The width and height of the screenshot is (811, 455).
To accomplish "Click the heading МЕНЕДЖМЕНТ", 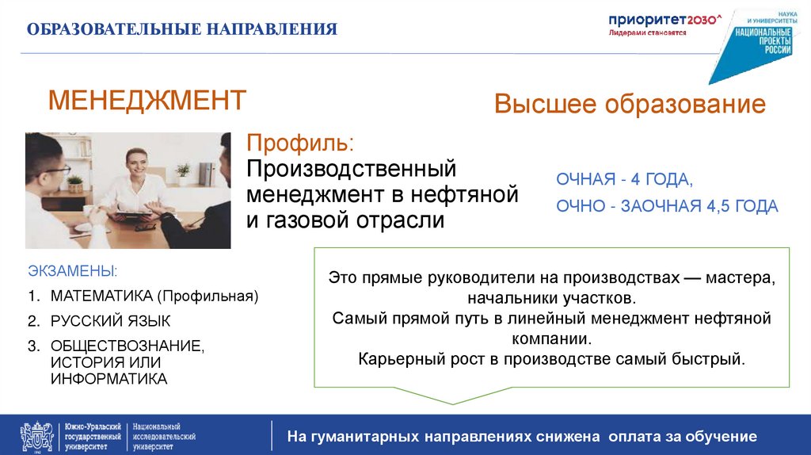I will pos(147,101).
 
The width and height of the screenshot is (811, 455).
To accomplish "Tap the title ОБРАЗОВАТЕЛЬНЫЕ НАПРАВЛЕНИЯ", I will pos(182,30).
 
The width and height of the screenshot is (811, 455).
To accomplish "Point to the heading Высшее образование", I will pos(630,105).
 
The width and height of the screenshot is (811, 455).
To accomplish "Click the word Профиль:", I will pos(300,145).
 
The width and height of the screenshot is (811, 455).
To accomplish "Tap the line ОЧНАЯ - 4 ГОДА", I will pos(624,179).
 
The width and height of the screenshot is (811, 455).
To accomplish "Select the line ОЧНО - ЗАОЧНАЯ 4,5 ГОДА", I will pos(667,206).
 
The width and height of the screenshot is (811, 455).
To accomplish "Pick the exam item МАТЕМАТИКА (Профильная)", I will pos(154,296).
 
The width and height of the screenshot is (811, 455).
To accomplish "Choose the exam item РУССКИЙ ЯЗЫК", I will pos(110,321).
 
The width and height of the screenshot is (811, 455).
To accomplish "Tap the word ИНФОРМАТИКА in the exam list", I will pos(109,379).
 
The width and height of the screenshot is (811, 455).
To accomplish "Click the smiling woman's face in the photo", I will pos(134,163).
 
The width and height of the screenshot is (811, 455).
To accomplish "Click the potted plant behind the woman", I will pos(184,170).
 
